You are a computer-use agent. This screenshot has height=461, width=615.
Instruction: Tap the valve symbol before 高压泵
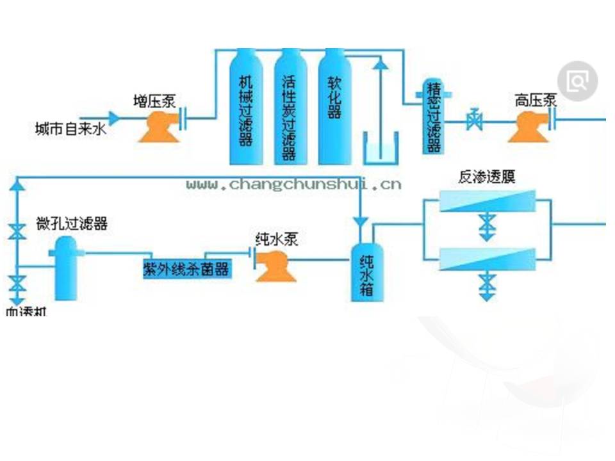click(x=475, y=120)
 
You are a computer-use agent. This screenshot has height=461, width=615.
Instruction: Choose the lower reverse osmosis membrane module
click(x=487, y=259)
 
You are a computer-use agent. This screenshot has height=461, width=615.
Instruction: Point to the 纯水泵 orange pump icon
click(x=274, y=263)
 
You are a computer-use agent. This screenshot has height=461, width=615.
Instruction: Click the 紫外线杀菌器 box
click(x=186, y=269)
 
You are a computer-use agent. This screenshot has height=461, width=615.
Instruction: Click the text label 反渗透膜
click(x=487, y=177)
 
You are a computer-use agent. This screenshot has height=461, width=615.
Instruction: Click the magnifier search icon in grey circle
click(x=577, y=81)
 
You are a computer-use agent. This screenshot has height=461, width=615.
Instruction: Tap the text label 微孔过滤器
click(x=71, y=223)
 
